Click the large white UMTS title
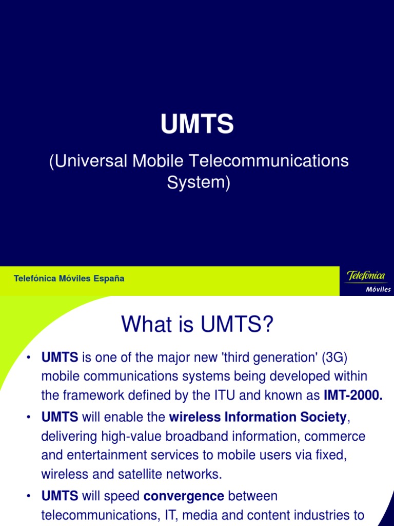pyautogui.click(x=197, y=125)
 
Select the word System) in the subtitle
pyautogui.click(x=199, y=182)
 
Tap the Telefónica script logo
pyautogui.click(x=366, y=276)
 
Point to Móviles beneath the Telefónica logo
pyautogui.click(x=378, y=289)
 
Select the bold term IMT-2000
pyautogui.click(x=353, y=395)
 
